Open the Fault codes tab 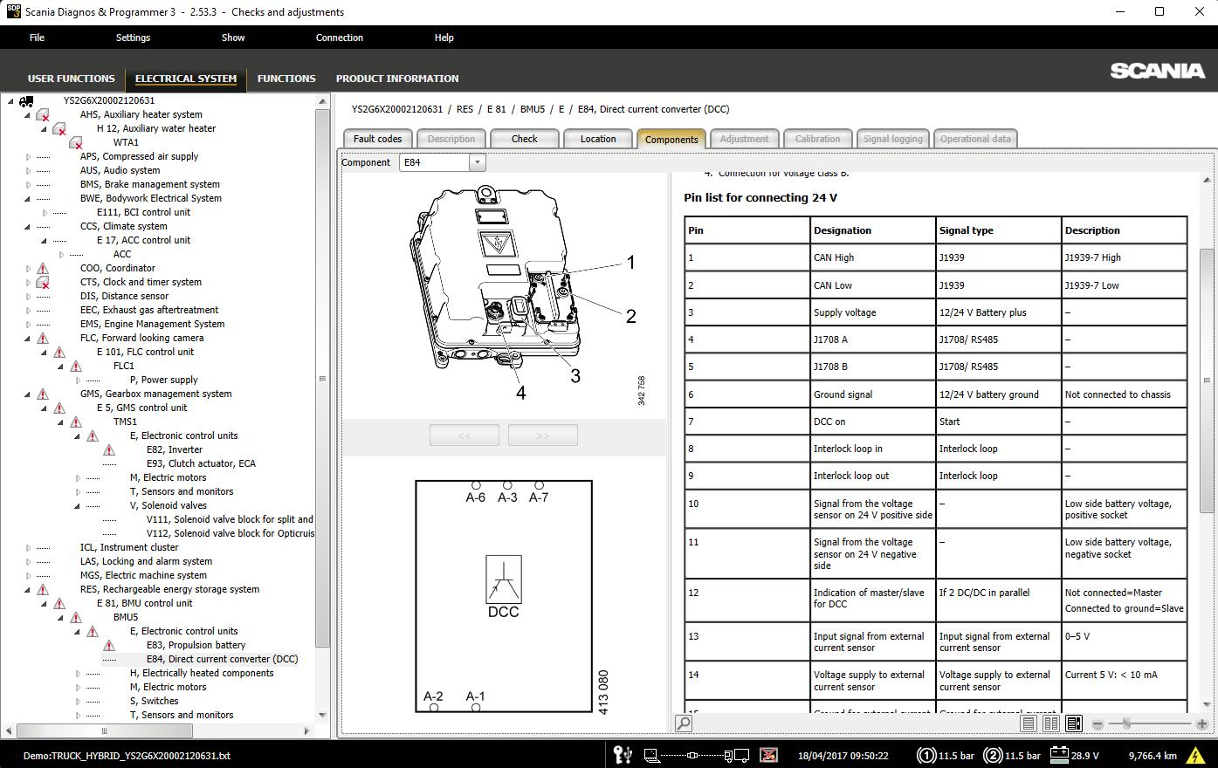tap(377, 139)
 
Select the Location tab tap(597, 139)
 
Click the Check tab tap(524, 139)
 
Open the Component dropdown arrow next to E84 tap(477, 162)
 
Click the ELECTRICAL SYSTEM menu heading tap(186, 79)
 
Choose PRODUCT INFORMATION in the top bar tap(397, 79)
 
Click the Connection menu tap(339, 38)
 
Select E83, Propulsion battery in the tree tap(196, 645)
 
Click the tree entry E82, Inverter tap(174, 449)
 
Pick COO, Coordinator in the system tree tap(117, 268)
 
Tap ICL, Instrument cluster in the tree tap(128, 547)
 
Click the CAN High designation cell tap(834, 257)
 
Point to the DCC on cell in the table tap(829, 422)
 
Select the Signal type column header tap(966, 230)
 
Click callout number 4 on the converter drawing tap(520, 393)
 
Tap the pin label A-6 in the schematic tap(475, 497)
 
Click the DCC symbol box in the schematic tap(503, 579)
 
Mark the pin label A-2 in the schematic tap(433, 696)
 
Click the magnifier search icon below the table tap(684, 723)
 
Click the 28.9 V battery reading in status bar tap(1084, 756)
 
